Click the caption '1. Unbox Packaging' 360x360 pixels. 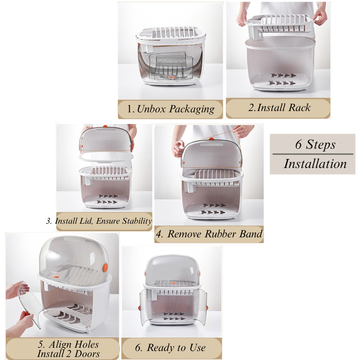(171, 109)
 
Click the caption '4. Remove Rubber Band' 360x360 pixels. (209, 234)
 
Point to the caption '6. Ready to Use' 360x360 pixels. (171, 348)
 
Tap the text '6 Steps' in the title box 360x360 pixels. (312, 144)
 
